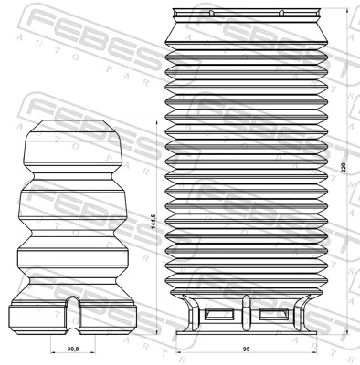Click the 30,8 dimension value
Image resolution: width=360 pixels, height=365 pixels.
tap(74, 348)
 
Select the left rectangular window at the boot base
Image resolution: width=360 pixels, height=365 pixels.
tap(221, 315)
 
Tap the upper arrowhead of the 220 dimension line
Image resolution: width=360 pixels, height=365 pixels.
tap(336, 10)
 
